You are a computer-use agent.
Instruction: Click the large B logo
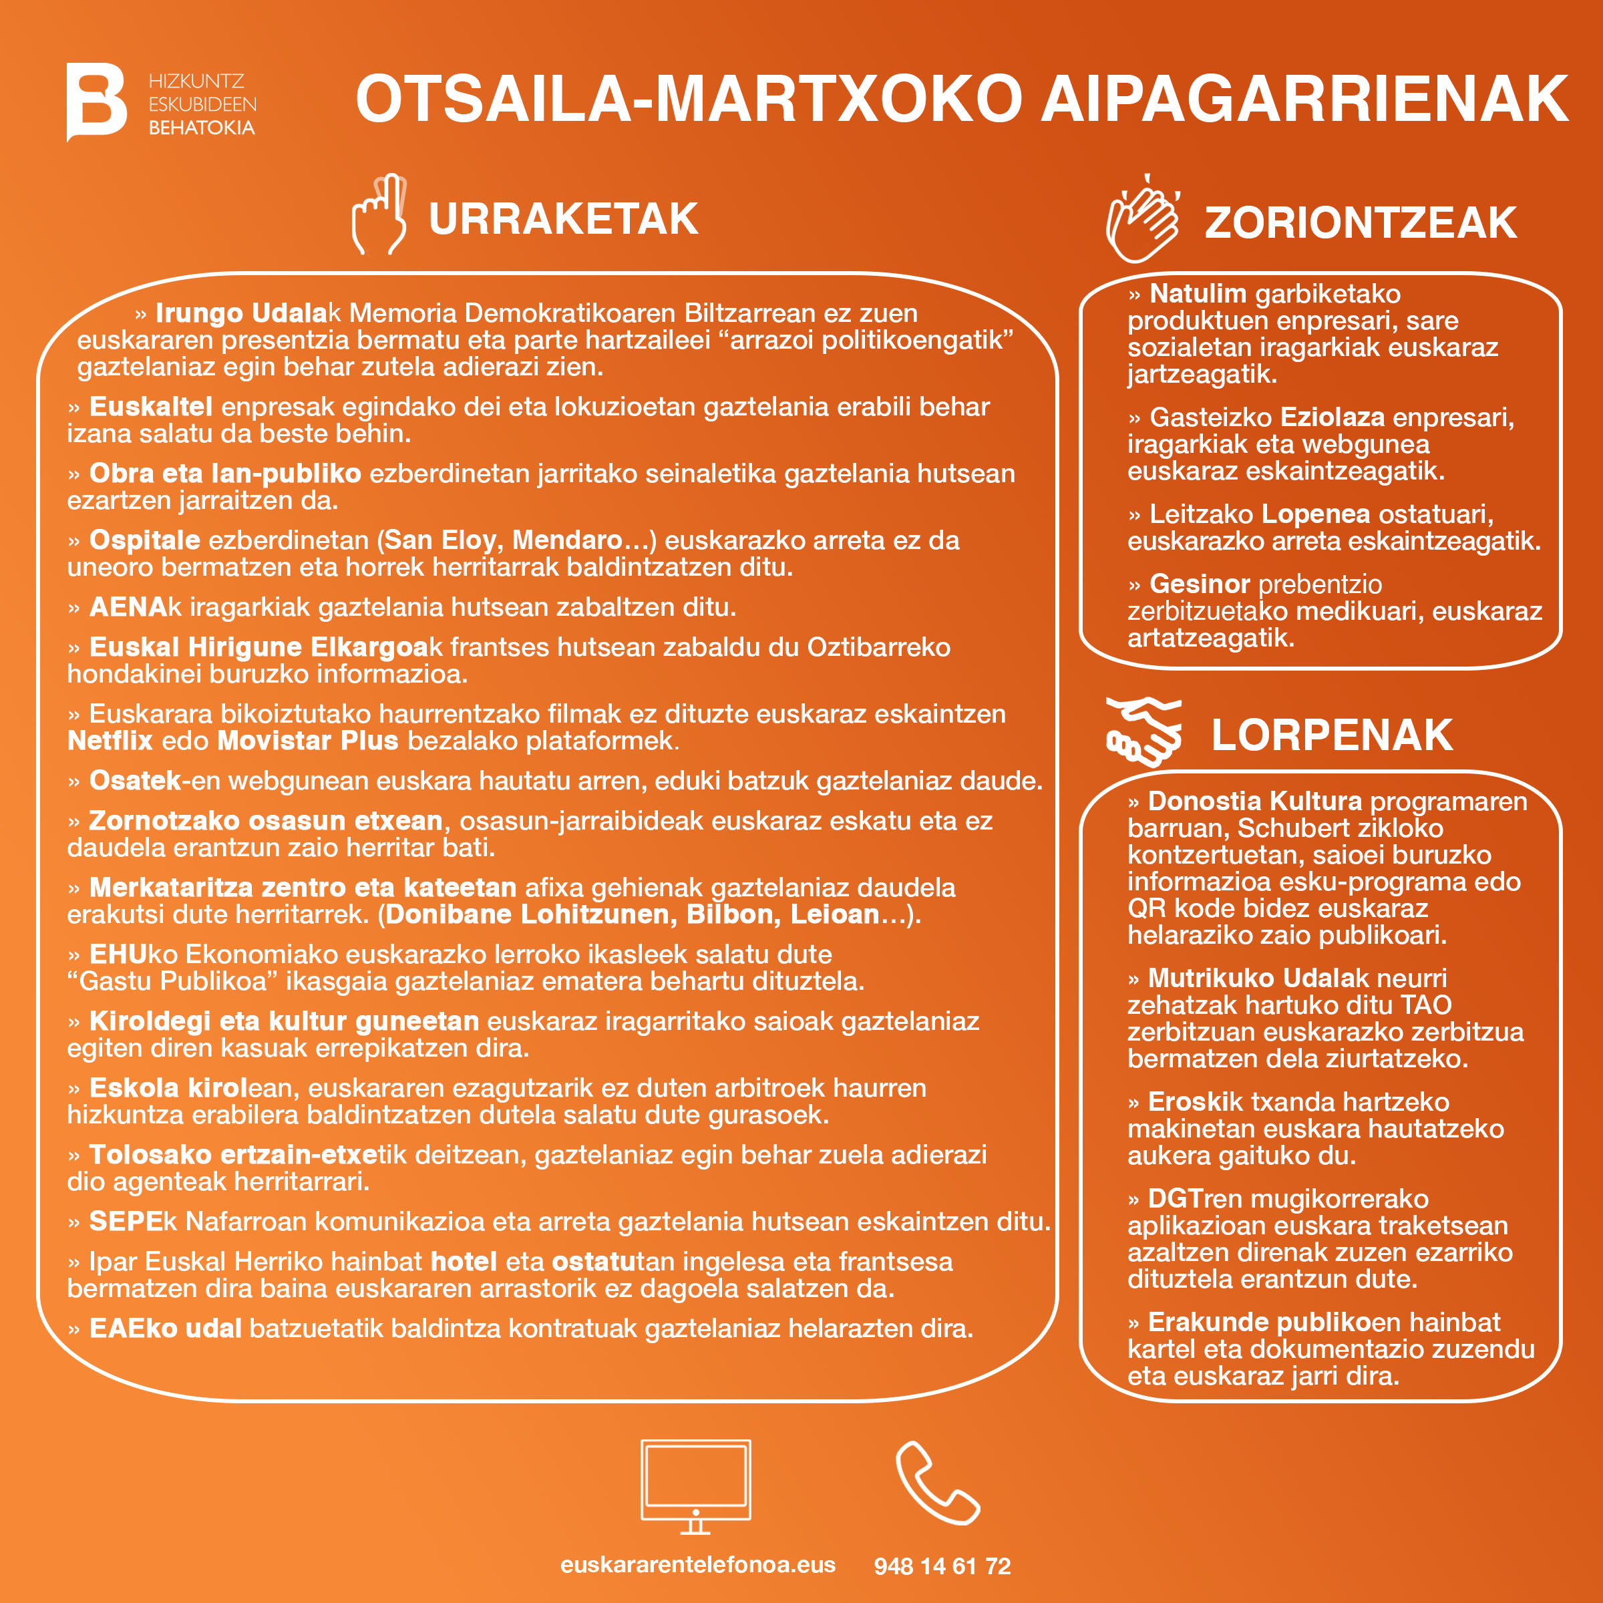coord(96,102)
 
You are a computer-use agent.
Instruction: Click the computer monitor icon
coord(695,1485)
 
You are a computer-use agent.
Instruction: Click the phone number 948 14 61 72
coord(942,1566)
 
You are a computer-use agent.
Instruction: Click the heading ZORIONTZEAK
coord(1360,223)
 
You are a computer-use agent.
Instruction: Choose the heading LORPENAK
coord(1331,735)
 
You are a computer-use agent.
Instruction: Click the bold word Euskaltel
coord(150,407)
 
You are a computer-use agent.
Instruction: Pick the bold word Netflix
coord(110,740)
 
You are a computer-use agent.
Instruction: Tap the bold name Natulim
coord(1198,294)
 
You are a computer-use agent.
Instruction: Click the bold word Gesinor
coord(1199,584)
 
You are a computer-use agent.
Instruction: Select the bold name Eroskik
coord(1195,1102)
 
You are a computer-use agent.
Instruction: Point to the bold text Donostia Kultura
coord(1254,801)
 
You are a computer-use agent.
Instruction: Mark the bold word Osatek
coord(134,781)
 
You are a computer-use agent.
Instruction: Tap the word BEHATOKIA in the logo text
coord(202,128)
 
